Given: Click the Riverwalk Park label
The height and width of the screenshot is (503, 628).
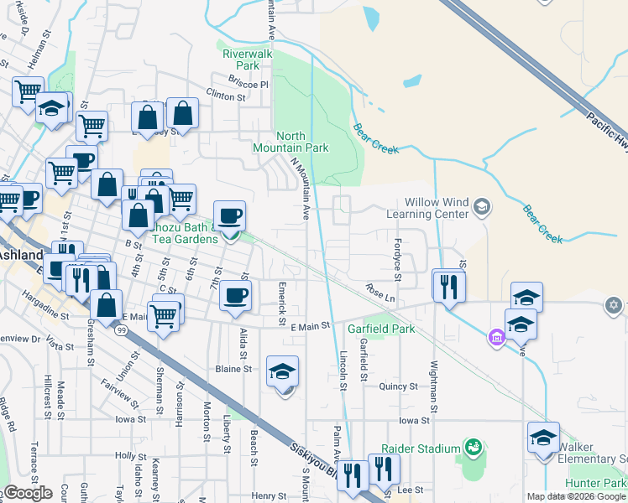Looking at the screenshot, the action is [x=248, y=59].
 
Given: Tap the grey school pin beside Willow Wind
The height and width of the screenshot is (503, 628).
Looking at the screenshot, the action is [x=482, y=205].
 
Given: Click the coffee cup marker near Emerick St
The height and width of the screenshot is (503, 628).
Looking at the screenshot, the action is [x=236, y=295].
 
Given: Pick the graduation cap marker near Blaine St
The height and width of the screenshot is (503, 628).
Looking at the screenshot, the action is [x=282, y=371].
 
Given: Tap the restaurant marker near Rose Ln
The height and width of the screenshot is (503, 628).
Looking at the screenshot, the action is [x=448, y=287].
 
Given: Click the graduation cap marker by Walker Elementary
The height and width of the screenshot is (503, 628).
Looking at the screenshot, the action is [x=543, y=438].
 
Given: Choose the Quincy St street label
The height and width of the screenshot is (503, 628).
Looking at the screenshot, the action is [x=398, y=386].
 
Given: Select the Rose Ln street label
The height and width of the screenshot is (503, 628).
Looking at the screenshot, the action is [x=379, y=293].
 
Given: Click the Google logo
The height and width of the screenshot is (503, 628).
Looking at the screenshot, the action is [x=28, y=493].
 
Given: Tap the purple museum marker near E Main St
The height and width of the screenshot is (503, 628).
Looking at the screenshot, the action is [x=495, y=337].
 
